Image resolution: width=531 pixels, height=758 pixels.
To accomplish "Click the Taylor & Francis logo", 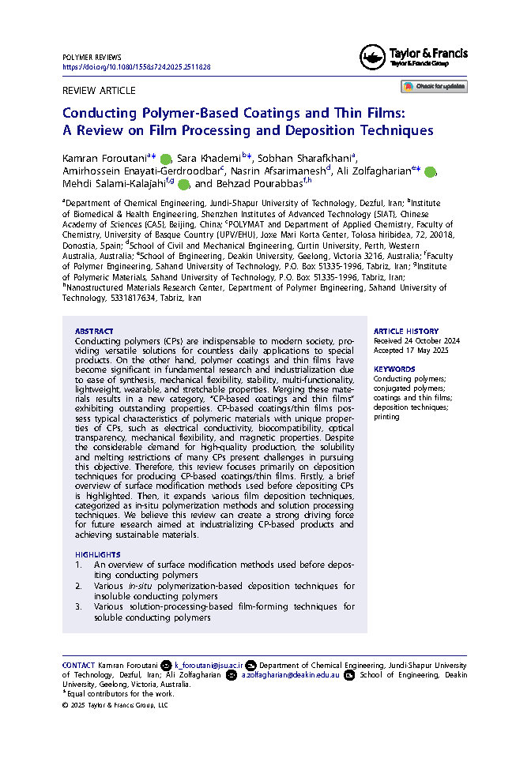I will pyautogui.click(x=414, y=56).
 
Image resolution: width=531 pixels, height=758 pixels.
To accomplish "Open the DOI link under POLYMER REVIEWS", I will pyautogui.click(x=136, y=67).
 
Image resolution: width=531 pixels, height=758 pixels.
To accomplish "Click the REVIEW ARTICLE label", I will pyautogui.click(x=99, y=91).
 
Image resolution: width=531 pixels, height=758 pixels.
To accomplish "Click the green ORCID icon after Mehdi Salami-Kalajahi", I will pyautogui.click(x=183, y=185).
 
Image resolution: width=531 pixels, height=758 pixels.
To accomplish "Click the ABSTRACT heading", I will pyautogui.click(x=94, y=332).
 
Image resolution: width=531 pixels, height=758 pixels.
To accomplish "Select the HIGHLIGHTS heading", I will pyautogui.click(x=98, y=555).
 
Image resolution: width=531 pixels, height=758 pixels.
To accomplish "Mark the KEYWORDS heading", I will pyautogui.click(x=394, y=369).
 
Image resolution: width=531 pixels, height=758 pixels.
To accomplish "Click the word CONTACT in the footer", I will pyautogui.click(x=78, y=666).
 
